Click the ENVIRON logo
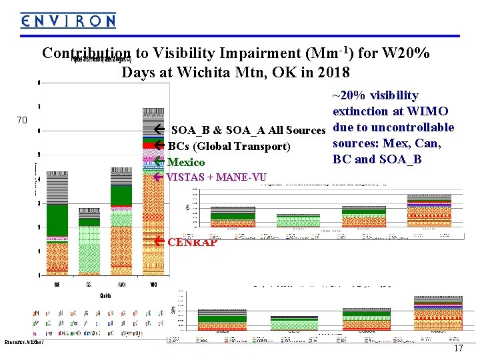(x=67, y=21)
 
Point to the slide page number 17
(x=458, y=349)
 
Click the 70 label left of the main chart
(x=22, y=121)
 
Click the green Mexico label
(x=187, y=162)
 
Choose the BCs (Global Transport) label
(x=229, y=146)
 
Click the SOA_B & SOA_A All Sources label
(x=247, y=129)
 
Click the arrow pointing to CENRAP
(x=159, y=241)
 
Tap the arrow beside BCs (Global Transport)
(x=159, y=146)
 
